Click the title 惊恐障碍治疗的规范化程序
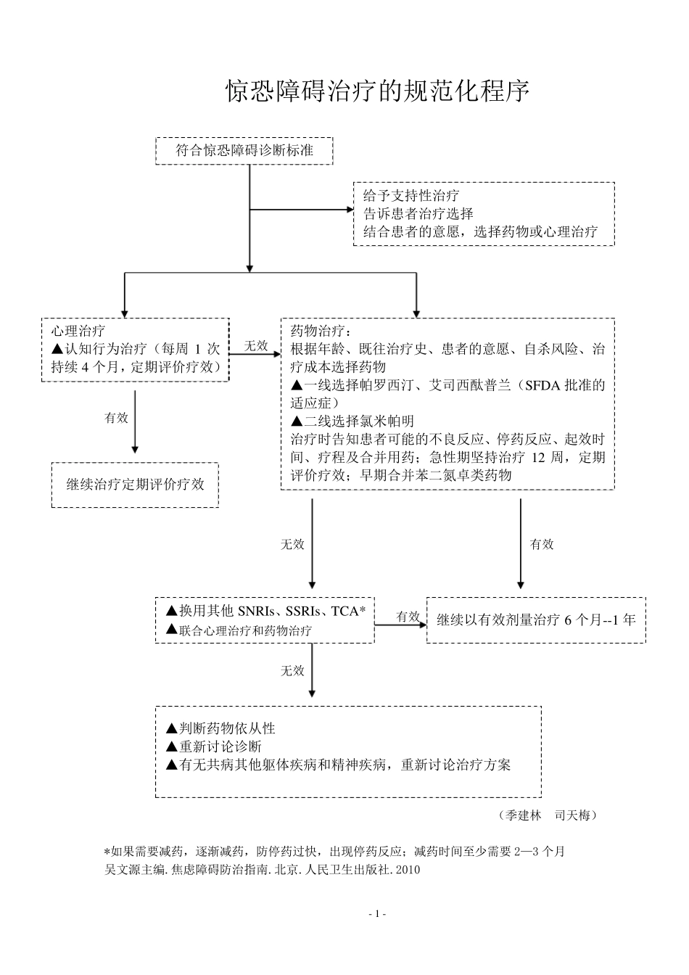click(x=378, y=92)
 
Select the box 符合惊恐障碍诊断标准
click(x=244, y=151)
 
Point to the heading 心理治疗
click(x=78, y=331)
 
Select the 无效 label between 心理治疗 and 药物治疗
click(x=256, y=346)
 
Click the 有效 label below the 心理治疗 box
click(x=116, y=418)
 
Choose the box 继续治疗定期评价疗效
click(x=135, y=485)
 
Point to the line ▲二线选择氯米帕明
click(x=352, y=421)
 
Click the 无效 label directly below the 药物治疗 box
click(x=292, y=544)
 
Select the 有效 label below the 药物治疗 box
click(x=541, y=544)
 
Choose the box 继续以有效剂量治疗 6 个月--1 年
click(x=536, y=620)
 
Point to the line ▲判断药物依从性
click(x=220, y=728)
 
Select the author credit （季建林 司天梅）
click(x=549, y=815)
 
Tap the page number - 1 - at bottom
click(x=377, y=914)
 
